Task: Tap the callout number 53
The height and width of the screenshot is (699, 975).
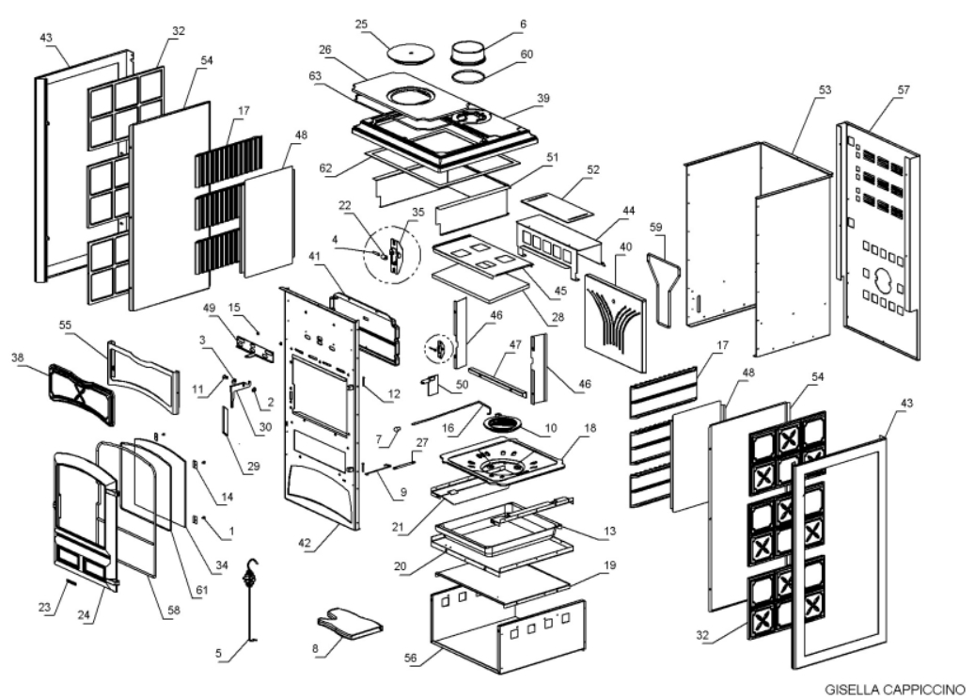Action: (x=825, y=90)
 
